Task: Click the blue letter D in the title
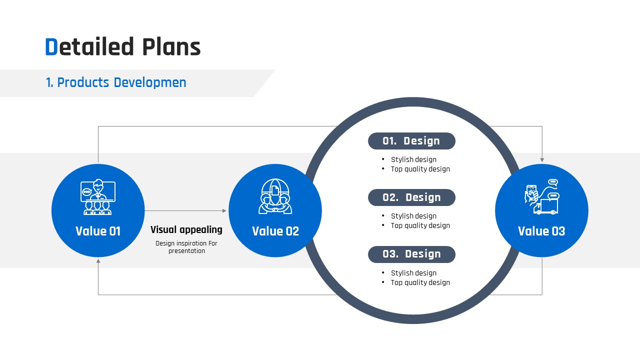pos(51,46)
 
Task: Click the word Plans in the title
pos(171,46)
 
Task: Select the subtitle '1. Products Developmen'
pos(116,82)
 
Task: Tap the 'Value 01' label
pos(98,231)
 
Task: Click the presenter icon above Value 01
pos(98,197)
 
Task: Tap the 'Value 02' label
pos(275,231)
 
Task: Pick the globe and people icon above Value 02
pos(275,196)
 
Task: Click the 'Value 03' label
pos(541,231)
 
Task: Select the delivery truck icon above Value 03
pos(545,207)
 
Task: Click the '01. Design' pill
pos(411,141)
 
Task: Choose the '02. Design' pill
pos(411,197)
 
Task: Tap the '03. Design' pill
pos(411,254)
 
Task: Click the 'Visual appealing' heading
pos(186,229)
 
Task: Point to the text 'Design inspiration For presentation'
pos(186,247)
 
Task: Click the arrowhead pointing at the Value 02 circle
pos(224,211)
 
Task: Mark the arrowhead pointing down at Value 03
pos(542,160)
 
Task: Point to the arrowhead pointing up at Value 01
pos(98,261)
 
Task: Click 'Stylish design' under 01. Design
pos(413,159)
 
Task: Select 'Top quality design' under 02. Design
pos(420,225)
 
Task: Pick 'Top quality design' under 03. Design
pos(420,282)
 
